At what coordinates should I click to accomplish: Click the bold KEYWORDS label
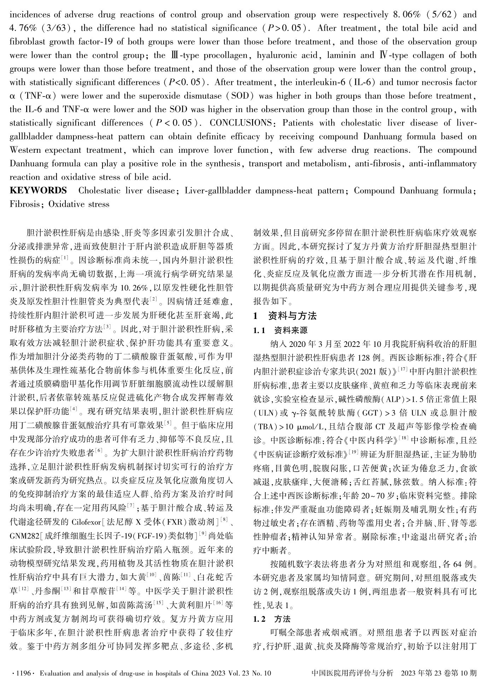click(38, 191)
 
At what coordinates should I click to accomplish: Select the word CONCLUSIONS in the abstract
click(241, 123)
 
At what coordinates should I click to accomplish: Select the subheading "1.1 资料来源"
click(281, 331)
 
